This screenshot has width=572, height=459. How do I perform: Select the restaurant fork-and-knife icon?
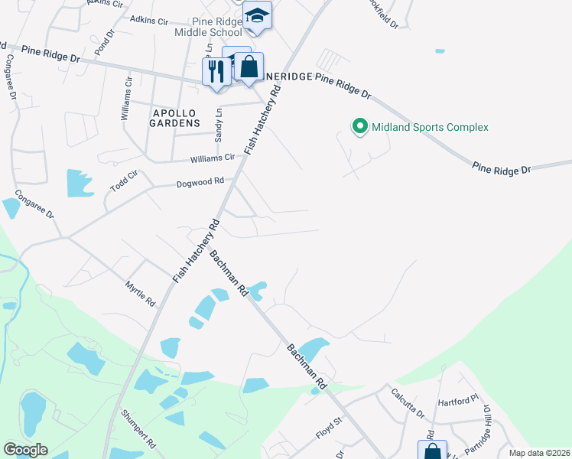(x=216, y=72)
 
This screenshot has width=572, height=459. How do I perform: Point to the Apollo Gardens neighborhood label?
(x=174, y=117)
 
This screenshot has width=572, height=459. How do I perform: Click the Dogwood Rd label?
(x=200, y=183)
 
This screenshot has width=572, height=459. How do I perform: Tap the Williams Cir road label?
(x=213, y=158)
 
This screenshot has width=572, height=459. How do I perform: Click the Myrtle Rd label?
(x=140, y=292)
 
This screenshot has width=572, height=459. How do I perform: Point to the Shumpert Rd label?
(x=138, y=432)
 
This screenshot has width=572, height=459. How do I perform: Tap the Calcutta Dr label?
(x=408, y=403)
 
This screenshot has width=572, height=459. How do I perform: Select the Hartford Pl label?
(x=457, y=402)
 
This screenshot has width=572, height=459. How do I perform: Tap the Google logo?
(x=25, y=450)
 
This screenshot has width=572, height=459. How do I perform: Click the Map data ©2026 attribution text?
(x=539, y=453)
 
